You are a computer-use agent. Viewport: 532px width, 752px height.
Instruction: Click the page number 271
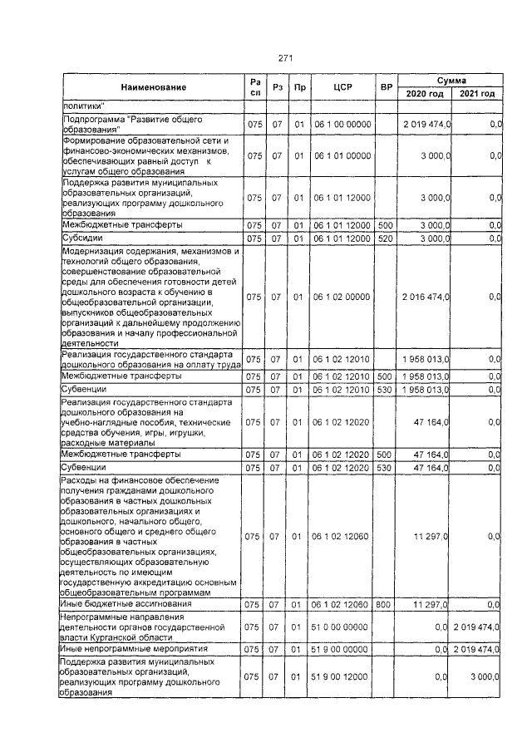pos(284,58)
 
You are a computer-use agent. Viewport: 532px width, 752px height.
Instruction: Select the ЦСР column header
pos(343,87)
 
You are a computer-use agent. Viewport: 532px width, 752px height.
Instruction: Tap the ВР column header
pos(386,87)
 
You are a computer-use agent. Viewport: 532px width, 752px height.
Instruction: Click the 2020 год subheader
pos(425,95)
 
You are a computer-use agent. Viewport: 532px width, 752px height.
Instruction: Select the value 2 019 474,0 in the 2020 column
pos(426,124)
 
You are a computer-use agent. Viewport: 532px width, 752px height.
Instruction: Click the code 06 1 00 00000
pos(342,124)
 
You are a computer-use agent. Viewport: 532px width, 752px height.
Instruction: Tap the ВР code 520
pos(385,238)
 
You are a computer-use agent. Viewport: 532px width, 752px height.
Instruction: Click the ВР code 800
pos(384,604)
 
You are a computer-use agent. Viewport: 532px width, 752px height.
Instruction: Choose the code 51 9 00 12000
pos(342,677)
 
